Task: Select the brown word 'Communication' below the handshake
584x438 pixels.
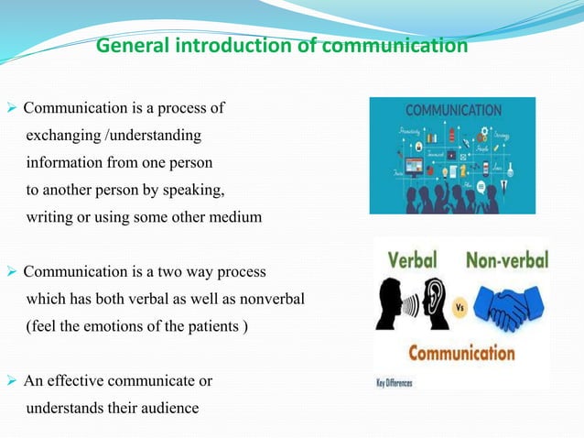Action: tap(462, 353)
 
